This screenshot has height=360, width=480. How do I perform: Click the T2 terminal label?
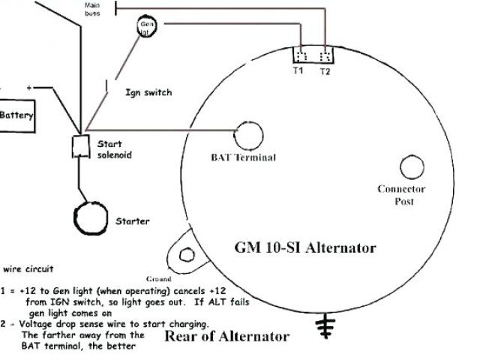click(325, 71)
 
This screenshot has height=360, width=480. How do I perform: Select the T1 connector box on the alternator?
click(300, 58)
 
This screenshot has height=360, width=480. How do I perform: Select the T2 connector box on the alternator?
click(325, 58)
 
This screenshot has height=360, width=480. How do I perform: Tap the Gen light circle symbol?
click(147, 28)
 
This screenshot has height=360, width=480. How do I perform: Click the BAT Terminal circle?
click(250, 135)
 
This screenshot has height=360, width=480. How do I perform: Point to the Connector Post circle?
click(412, 166)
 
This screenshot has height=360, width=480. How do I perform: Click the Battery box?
click(16, 115)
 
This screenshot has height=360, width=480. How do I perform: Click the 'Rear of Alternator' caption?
click(226, 336)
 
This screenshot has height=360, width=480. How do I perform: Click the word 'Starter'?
click(132, 221)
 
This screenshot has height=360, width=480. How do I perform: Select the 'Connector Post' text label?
click(401, 195)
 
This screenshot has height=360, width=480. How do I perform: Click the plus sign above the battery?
click(30, 88)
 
